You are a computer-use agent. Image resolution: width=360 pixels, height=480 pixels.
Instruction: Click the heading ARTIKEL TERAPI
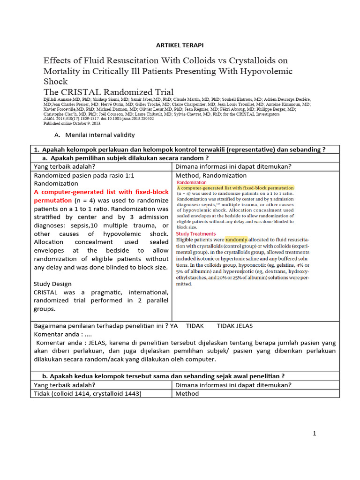[x=180, y=45]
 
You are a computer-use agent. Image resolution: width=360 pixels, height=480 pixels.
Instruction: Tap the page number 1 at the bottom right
[x=315, y=434]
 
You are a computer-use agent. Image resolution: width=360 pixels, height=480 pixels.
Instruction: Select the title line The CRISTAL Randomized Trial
[x=108, y=92]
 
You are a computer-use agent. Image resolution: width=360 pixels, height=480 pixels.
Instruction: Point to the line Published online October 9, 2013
[x=72, y=123]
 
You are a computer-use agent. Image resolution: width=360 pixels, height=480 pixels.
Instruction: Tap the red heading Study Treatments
[x=196, y=233]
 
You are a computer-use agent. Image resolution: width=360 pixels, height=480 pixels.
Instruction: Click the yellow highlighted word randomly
[x=236, y=239]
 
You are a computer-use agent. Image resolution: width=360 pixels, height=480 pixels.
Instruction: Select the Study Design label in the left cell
[x=52, y=284]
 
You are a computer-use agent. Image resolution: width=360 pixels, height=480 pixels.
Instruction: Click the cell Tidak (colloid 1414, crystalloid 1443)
[x=87, y=393]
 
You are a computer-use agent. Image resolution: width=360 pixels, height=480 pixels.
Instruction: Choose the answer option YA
[x=174, y=325]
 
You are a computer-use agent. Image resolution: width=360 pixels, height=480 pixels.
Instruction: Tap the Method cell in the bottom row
[x=187, y=393]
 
